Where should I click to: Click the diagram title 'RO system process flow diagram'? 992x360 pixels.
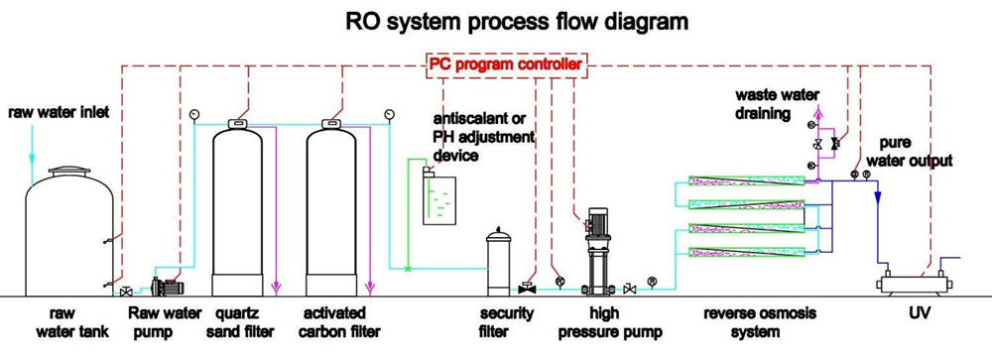(x=516, y=22)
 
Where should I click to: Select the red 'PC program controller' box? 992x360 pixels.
(x=506, y=64)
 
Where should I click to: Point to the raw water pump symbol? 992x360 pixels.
(x=168, y=287)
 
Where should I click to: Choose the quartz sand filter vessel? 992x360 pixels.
(x=237, y=209)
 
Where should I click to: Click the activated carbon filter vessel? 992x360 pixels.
(x=331, y=209)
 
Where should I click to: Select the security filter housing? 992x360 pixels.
(x=499, y=263)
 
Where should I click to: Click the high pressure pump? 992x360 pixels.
(x=596, y=252)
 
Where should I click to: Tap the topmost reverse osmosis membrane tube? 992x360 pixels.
(x=746, y=180)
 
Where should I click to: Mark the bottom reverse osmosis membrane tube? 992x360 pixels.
(x=746, y=252)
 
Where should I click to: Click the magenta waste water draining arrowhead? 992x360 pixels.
(x=818, y=112)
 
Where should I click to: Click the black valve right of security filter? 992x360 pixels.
(x=527, y=289)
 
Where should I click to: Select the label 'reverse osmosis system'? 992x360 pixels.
(x=759, y=322)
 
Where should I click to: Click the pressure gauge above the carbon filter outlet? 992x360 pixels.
(x=389, y=114)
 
